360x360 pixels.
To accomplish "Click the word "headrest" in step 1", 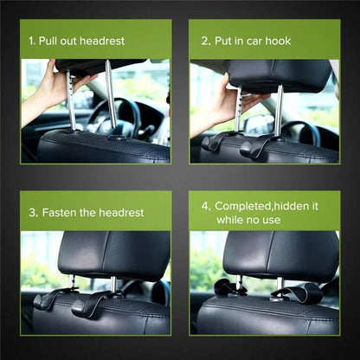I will click(101, 41).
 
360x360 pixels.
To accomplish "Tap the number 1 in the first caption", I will click(32, 41).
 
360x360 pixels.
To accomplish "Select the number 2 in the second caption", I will click(205, 41).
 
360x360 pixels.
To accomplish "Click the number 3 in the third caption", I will click(32, 212).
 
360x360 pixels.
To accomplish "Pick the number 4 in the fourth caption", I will click(205, 206).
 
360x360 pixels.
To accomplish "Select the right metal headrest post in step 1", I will click(111, 95).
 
